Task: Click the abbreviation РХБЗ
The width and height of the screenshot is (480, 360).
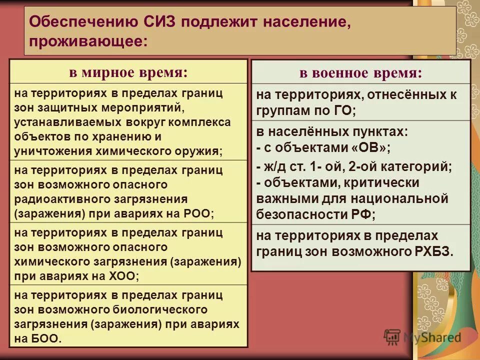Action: pyautogui.click(x=432, y=251)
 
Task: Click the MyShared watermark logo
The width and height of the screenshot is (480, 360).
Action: pyautogui.click(x=423, y=337)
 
